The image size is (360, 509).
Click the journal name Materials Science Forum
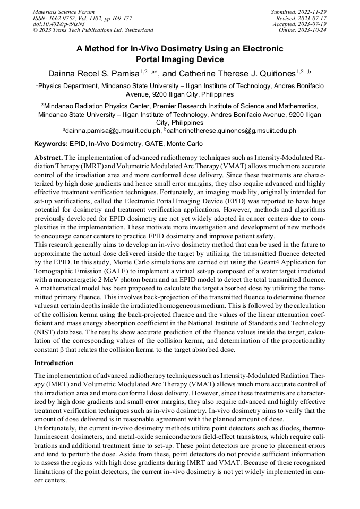[64, 12]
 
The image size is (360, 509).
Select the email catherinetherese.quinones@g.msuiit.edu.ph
[232, 131]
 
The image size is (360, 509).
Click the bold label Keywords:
[51, 144]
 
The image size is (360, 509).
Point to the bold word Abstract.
[48, 158]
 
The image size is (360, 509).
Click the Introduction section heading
[54, 363]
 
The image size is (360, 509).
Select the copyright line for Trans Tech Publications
[93, 30]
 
